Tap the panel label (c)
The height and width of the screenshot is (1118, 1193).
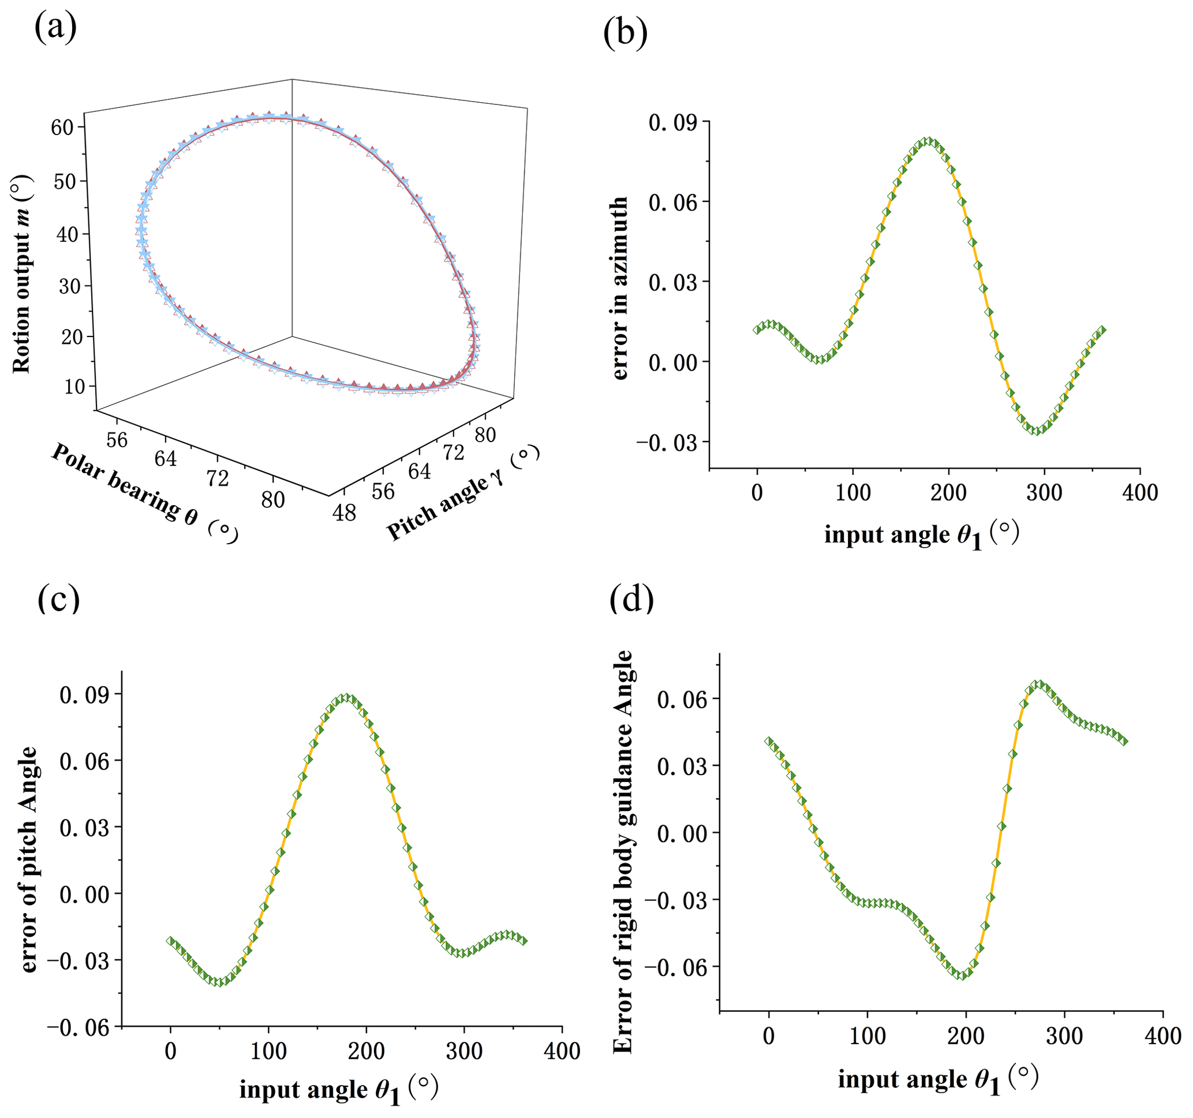[58, 599]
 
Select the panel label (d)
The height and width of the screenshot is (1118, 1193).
[631, 599]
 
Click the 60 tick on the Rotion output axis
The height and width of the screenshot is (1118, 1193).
[62, 127]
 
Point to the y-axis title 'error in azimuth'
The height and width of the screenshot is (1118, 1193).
[619, 288]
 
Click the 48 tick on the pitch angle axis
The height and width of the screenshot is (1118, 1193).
[345, 513]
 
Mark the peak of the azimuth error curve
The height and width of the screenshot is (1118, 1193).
[928, 141]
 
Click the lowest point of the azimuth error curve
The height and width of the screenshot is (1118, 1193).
[1037, 431]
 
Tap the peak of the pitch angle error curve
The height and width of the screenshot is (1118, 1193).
[346, 697]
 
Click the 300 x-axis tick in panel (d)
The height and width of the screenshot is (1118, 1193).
[1064, 1037]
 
